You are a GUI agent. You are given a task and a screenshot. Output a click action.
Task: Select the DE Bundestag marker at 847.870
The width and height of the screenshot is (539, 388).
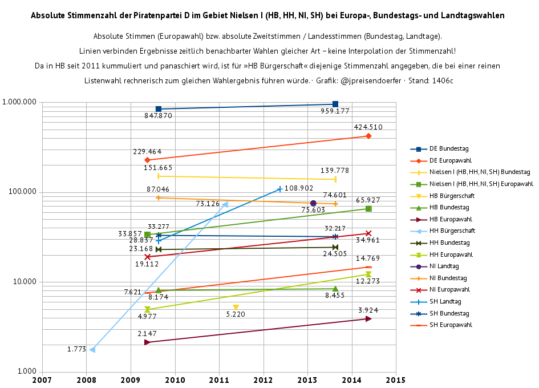pos(159,108)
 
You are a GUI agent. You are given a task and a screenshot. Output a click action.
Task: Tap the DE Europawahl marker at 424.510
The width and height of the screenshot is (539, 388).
pos(368,136)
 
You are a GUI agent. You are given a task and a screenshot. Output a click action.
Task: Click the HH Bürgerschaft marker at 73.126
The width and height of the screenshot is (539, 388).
pos(225,204)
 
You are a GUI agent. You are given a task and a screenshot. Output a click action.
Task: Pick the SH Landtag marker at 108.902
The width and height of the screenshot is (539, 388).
pos(279,189)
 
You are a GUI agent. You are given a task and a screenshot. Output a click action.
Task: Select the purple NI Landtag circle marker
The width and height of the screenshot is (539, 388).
pos(313,203)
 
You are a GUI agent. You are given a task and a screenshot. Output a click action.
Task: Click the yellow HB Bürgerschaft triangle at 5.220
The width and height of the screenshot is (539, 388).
pos(236,308)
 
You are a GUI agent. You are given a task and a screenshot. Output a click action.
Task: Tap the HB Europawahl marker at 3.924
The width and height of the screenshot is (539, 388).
pos(368,318)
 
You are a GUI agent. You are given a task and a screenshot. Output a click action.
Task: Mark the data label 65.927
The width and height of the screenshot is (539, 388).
pos(368,200)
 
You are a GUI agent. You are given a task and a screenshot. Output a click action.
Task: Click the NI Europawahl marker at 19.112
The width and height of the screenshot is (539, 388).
pos(147,257)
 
